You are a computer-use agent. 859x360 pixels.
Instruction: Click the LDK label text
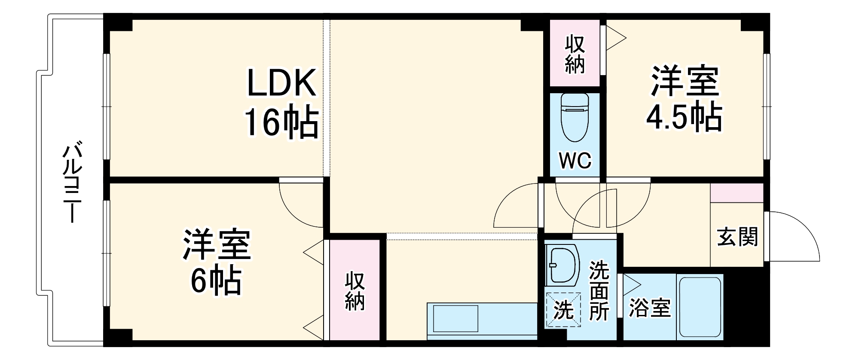click(281, 83)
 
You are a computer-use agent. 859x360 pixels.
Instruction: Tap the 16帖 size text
click(281, 122)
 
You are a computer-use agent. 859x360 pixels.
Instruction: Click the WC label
click(575, 161)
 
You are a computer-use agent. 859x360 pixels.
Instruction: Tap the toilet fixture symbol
click(575, 117)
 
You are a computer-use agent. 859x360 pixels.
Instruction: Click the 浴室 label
click(650, 308)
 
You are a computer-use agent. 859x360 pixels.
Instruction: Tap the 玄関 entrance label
click(737, 237)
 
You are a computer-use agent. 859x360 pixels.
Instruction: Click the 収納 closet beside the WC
click(575, 54)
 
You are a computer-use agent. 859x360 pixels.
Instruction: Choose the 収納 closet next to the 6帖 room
click(355, 290)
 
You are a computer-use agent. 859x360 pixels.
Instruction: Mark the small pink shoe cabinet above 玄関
click(737, 192)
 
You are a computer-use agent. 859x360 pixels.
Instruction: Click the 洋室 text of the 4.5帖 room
click(684, 82)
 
